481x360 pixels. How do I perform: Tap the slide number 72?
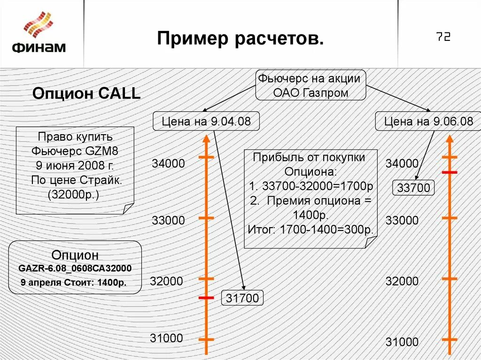[443, 37]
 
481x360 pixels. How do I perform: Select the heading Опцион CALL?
[86, 93]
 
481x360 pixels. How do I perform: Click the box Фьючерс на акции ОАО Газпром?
[310, 85]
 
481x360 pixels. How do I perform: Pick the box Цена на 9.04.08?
[206, 122]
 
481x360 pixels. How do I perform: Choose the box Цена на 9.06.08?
[428, 122]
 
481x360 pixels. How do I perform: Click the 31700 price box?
[242, 298]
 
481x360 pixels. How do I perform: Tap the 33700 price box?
[413, 188]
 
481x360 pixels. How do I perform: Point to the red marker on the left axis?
[206, 298]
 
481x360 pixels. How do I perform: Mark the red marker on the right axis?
[450, 173]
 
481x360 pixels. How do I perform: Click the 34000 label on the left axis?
[168, 164]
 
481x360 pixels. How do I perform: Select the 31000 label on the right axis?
[402, 342]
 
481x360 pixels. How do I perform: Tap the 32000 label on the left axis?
[166, 281]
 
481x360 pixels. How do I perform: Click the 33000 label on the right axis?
[402, 220]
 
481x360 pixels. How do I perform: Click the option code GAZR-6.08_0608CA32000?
[75, 268]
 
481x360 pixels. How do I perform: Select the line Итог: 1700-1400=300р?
[310, 230]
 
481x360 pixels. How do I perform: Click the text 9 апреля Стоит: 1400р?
[74, 283]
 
